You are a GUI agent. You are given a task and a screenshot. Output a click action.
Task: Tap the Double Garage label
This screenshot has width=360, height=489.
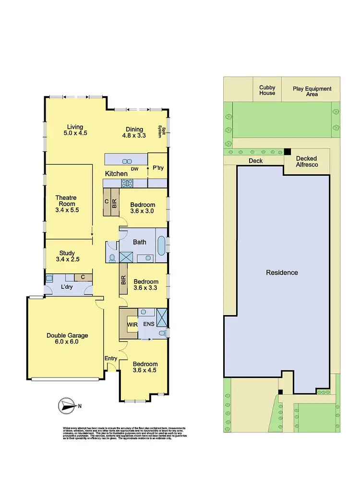tap(67, 339)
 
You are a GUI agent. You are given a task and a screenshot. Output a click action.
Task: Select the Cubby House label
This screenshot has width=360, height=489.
tap(267, 90)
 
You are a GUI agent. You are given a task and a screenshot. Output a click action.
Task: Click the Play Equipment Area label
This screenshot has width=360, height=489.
tap(312, 91)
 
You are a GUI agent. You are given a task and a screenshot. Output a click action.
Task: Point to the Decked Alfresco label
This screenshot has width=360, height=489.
tap(307, 161)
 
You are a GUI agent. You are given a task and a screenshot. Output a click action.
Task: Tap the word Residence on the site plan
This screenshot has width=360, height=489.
tap(282, 272)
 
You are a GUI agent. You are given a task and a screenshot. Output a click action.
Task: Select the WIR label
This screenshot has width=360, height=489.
tap(132, 325)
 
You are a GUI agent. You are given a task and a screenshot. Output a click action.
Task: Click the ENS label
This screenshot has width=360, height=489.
tap(149, 325)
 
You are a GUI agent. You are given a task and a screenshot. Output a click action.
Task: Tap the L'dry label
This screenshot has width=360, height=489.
tap(66, 287)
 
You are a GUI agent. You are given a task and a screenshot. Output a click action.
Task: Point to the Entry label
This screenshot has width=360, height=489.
tap(110, 358)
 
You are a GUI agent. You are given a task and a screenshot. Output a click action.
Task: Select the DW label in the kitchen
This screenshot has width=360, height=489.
tap(135, 169)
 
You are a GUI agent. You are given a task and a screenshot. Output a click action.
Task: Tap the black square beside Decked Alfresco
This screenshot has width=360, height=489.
tap(287, 151)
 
